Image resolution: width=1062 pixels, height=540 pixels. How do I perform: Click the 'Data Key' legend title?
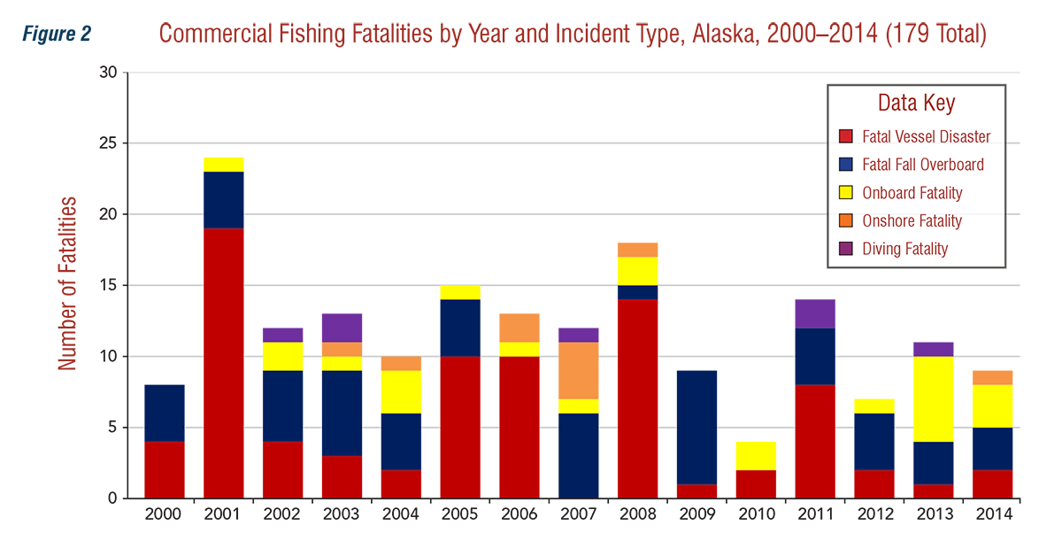click(x=916, y=103)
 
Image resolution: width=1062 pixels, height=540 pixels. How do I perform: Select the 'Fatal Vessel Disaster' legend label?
click(x=926, y=137)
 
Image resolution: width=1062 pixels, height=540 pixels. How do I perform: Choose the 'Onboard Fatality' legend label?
click(x=912, y=193)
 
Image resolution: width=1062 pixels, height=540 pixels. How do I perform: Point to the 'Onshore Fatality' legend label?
click(x=912, y=221)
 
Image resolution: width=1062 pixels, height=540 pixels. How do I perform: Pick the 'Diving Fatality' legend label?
click(x=904, y=249)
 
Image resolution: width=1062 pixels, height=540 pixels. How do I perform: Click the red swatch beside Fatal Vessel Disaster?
click(x=845, y=137)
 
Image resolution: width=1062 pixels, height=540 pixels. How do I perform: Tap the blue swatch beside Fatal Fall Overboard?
click(x=845, y=165)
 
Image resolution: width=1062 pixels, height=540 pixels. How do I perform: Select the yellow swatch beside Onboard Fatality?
click(x=845, y=193)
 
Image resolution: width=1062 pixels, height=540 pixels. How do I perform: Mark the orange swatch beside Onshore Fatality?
click(x=845, y=221)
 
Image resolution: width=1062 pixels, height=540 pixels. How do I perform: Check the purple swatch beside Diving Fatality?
click(x=845, y=249)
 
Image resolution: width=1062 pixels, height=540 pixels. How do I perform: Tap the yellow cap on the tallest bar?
click(x=224, y=161)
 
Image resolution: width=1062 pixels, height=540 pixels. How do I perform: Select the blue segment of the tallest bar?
click(x=224, y=200)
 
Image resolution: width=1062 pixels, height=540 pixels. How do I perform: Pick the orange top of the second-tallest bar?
click(x=637, y=243)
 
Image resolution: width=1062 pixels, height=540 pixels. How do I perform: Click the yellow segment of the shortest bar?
click(x=755, y=452)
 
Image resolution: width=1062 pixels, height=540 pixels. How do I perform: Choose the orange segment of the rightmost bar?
click(x=991, y=374)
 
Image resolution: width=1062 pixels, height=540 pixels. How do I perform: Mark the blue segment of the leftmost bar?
click(x=165, y=405)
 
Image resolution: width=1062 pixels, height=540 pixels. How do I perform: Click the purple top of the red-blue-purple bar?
click(x=814, y=311)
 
